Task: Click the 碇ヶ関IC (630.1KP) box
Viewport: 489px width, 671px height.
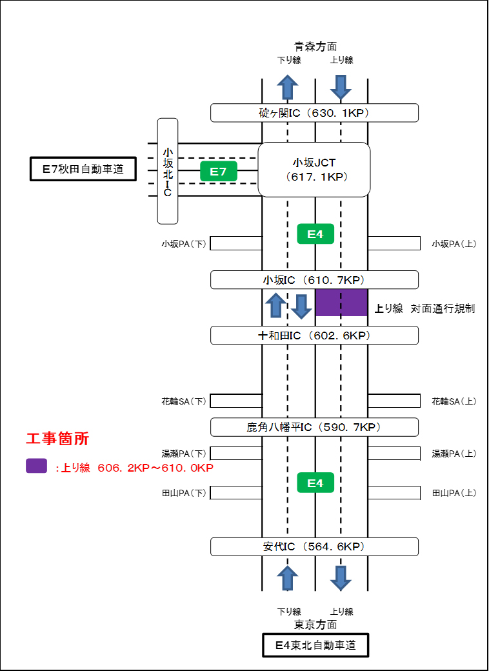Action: pos(314,113)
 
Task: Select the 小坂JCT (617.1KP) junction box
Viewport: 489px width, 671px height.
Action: pos(314,170)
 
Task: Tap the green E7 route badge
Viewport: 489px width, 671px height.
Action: pos(219,171)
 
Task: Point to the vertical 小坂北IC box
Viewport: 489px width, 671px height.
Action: pos(168,171)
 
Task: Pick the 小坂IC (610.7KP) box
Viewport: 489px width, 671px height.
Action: pos(314,280)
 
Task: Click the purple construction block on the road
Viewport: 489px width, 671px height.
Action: pos(341,303)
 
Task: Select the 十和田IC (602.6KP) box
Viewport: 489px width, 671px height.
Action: pos(314,335)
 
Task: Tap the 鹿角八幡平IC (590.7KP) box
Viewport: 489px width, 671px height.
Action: pos(314,427)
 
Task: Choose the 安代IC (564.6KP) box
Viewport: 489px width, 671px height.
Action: pos(314,547)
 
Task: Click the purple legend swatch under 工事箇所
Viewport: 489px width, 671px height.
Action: pos(36,466)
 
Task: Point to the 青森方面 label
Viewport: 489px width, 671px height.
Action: pos(315,46)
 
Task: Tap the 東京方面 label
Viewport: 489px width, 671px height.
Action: pos(315,625)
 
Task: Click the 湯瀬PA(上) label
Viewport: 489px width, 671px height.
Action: pos(454,454)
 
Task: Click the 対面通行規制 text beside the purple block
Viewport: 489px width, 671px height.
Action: pos(443,309)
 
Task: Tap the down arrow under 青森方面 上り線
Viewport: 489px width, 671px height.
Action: pos(341,85)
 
